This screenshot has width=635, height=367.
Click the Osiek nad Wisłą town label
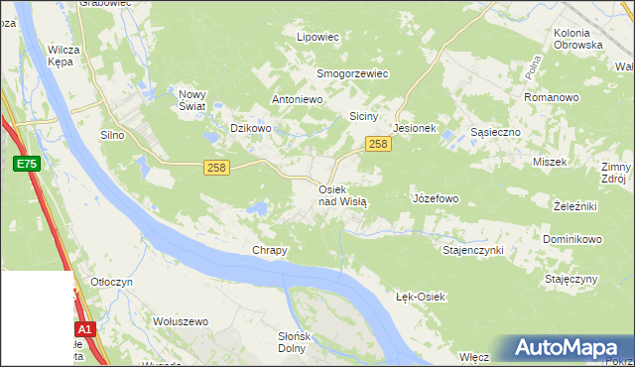tap(342, 194)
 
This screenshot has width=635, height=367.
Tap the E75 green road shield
tap(27, 165)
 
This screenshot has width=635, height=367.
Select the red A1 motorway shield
tap(84, 329)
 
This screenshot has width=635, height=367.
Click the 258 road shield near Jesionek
tap(377, 145)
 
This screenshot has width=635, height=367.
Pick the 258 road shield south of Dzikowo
tap(218, 168)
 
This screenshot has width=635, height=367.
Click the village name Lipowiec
tap(318, 37)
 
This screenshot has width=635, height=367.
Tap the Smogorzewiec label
tap(352, 73)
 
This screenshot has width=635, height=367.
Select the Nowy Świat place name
tap(191, 100)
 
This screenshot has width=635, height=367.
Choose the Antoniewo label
tap(299, 100)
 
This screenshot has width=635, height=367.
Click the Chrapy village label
tap(270, 251)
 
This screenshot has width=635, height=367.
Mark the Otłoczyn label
tap(112, 283)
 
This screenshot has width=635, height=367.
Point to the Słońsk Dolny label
tap(292, 342)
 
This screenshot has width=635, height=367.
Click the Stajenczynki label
tap(473, 250)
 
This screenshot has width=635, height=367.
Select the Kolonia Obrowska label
tap(578, 39)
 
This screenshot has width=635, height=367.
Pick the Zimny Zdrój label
tap(616, 174)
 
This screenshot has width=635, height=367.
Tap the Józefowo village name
tap(436, 198)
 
